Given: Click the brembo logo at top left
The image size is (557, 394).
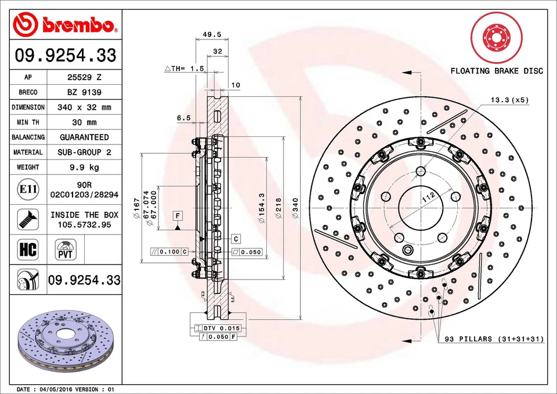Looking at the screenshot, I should tap(66, 24).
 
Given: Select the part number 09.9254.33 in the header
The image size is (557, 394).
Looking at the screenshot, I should tap(66, 56).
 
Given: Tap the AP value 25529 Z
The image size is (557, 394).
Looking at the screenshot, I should tap(84, 77).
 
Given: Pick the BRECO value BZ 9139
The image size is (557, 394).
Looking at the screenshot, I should tap(84, 92).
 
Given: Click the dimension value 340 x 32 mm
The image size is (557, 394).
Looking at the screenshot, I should tap(84, 107).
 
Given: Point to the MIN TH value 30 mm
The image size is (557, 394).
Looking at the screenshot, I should tap(84, 122).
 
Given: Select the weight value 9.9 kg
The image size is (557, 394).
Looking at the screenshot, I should tap(84, 167).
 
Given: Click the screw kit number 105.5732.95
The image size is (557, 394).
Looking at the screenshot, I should tap(84, 225).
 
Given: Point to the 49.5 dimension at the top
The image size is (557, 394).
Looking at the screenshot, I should tap(212, 34).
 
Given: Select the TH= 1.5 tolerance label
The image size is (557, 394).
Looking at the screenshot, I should tap(185, 68).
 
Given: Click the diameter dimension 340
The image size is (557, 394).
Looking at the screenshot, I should tap(295, 208).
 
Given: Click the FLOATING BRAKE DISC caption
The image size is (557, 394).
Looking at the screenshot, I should tap(497, 71).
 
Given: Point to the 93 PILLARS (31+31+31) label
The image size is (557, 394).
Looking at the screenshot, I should tap(494, 339).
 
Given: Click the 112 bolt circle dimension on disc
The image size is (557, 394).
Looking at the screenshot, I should tap(428, 197).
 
